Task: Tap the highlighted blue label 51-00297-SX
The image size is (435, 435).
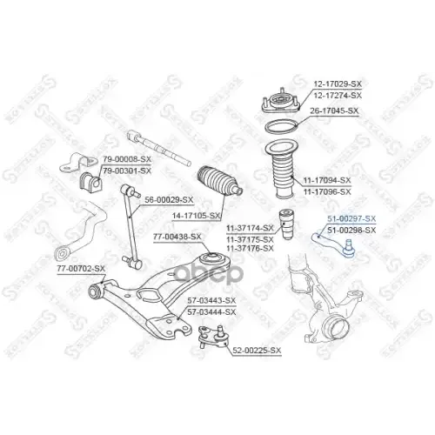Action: (351, 219)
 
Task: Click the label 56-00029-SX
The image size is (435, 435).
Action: (169, 198)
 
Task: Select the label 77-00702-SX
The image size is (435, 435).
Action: (81, 269)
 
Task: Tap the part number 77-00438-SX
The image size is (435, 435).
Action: (177, 236)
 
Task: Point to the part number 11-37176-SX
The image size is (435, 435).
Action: (250, 248)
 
